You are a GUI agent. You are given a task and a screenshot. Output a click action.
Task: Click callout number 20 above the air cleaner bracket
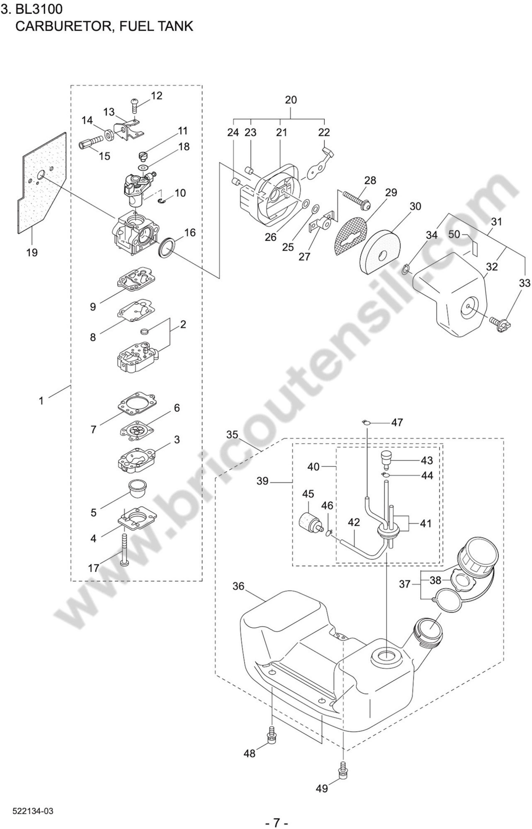click(x=291, y=100)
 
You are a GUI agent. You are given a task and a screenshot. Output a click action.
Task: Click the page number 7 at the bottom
click(x=276, y=820)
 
